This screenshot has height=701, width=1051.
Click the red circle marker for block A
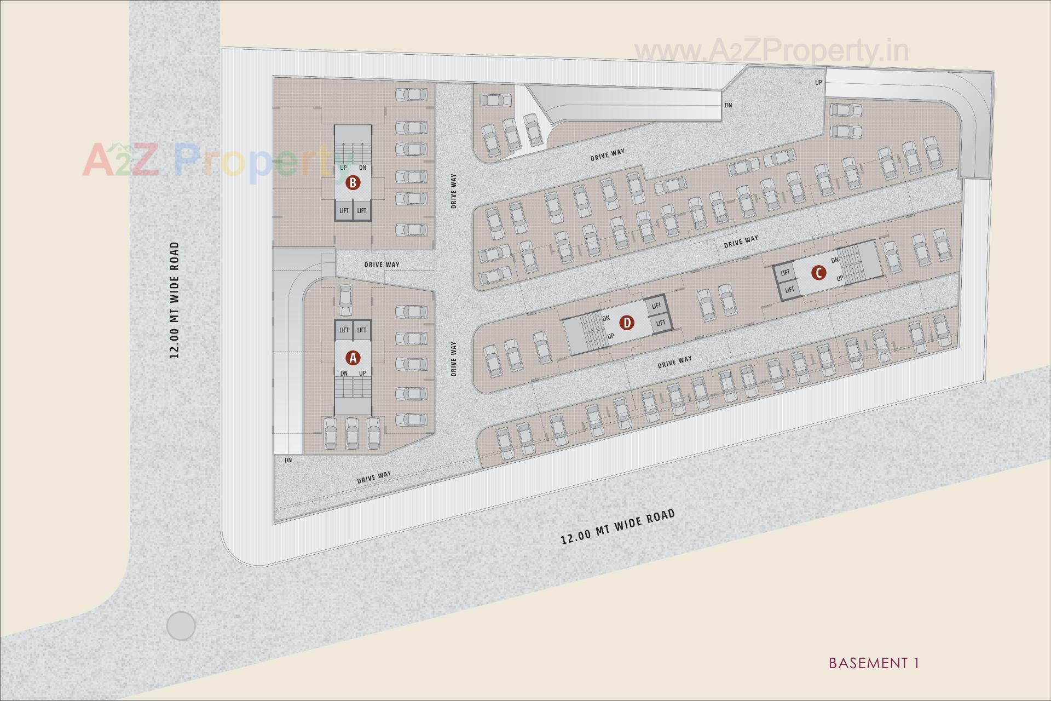coord(353,358)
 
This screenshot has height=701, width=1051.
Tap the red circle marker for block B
coord(353,183)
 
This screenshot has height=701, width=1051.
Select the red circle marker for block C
coord(818,273)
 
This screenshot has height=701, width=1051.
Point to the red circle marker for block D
coord(627,323)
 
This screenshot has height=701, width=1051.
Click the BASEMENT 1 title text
coord(874,663)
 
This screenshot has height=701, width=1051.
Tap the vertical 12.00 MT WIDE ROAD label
coord(175,300)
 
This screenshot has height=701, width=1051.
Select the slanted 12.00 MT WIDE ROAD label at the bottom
coord(618,526)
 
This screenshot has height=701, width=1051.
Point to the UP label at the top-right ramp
coord(818,83)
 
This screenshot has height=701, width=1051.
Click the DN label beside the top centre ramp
coord(728,105)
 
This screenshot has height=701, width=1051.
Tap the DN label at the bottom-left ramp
coord(288,461)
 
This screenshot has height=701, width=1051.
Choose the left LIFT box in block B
coord(344,211)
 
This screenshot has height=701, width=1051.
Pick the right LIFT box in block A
coord(362,330)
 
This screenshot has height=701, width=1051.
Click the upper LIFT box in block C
coord(785,273)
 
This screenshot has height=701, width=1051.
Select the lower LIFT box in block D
coord(661,323)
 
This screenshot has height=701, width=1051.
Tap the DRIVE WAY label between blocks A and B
coord(382,265)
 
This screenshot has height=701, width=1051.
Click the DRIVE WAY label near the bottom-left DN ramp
coord(374,478)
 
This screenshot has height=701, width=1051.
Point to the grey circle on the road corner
coord(181,625)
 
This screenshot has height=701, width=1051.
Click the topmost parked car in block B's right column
coord(411,94)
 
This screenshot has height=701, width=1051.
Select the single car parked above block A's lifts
coord(345,299)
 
